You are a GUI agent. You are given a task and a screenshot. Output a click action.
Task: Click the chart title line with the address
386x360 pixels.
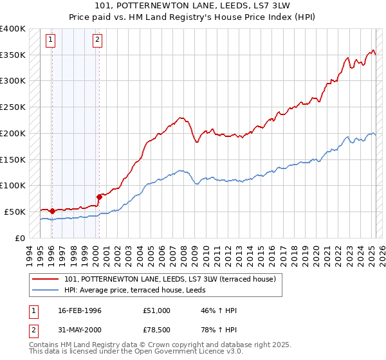coord(192,7)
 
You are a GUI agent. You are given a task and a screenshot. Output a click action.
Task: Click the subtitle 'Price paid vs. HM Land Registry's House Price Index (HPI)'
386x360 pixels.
coord(192,17)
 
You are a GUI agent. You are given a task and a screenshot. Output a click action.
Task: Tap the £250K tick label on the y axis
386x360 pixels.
coord(13,107)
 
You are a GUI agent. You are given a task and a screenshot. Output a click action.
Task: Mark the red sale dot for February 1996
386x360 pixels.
coord(52,211)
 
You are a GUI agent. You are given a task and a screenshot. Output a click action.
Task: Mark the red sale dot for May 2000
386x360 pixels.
coord(99,197)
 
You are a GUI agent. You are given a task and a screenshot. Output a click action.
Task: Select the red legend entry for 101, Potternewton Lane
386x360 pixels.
coord(170,279)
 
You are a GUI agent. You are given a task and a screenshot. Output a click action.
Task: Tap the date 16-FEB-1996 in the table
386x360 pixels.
coord(78,311)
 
